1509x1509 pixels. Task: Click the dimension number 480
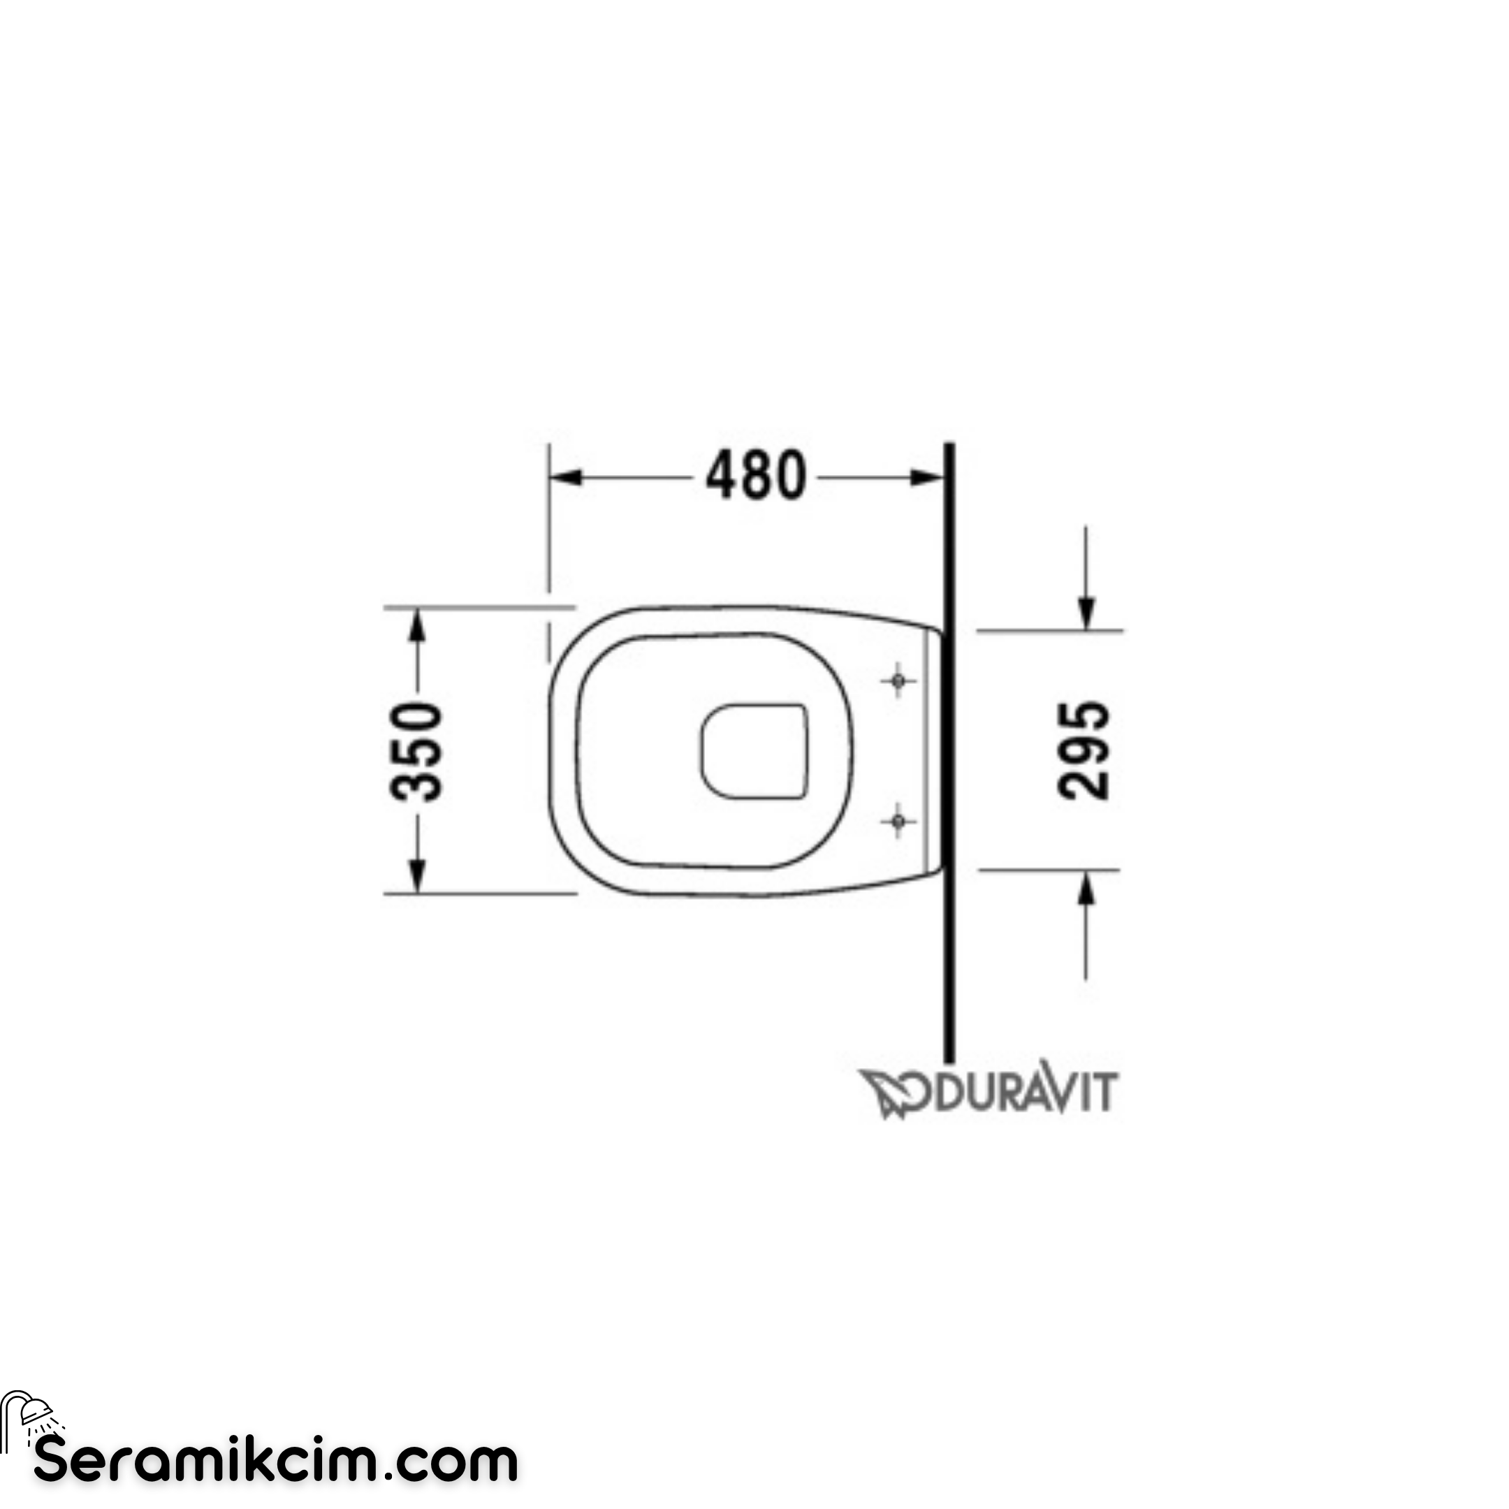[755, 476]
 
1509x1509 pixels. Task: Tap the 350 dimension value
[416, 752]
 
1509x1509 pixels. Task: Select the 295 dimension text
[1084, 750]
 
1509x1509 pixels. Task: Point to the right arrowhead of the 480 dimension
[927, 477]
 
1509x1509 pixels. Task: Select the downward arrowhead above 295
[1086, 613]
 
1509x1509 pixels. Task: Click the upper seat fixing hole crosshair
[898, 681]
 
